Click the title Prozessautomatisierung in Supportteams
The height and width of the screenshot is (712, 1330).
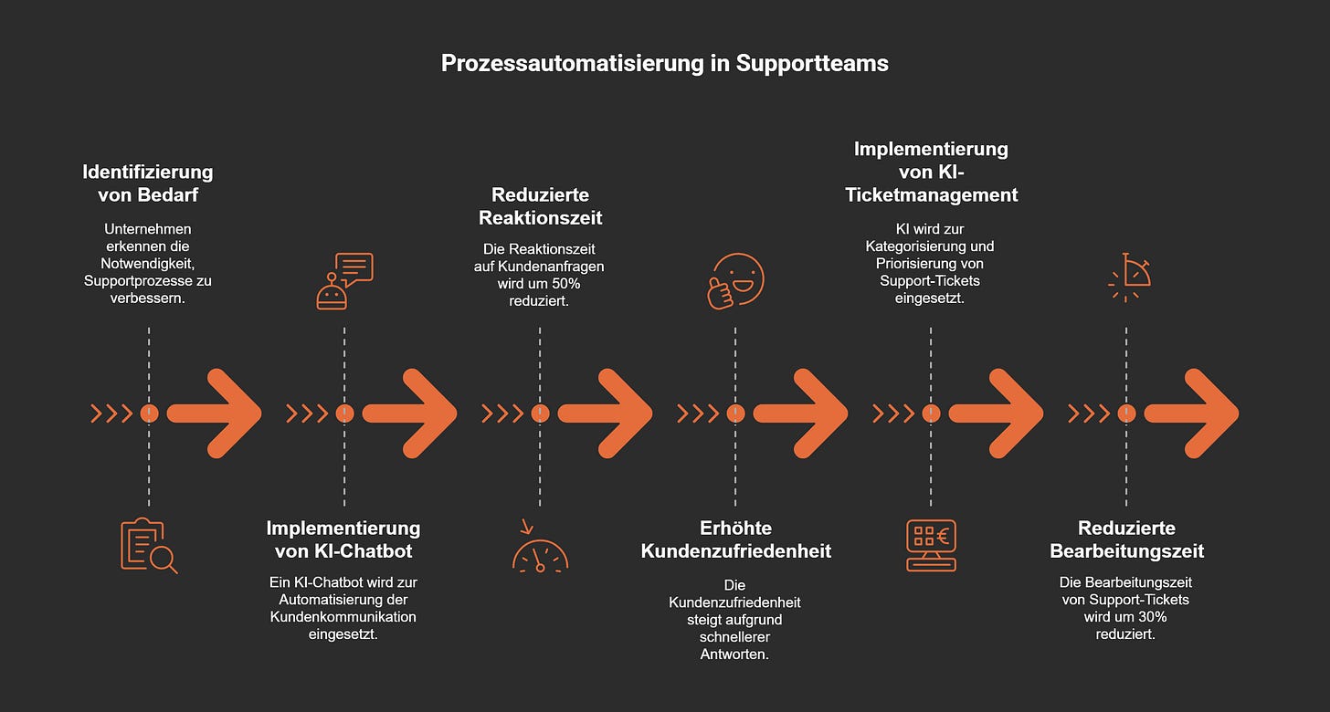[664, 63]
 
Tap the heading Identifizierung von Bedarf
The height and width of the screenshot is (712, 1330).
[148, 183]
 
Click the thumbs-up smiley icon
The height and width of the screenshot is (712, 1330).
[735, 281]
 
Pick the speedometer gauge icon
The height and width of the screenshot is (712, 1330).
[540, 550]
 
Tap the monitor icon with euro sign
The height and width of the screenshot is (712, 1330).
[931, 545]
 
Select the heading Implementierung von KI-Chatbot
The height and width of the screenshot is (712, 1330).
[343, 539]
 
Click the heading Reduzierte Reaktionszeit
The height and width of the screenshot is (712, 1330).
[540, 206]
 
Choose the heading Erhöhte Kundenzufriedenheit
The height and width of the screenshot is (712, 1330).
[735, 539]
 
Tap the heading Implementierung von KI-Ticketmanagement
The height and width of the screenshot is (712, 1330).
[931, 171]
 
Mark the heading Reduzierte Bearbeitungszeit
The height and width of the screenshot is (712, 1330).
[1126, 539]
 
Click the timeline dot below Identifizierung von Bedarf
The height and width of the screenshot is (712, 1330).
[149, 414]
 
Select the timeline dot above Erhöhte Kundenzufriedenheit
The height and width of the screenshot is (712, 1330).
[735, 414]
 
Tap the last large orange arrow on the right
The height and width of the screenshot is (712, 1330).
[1192, 414]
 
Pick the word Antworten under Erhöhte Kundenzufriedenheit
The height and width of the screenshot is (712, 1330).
[734, 654]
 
